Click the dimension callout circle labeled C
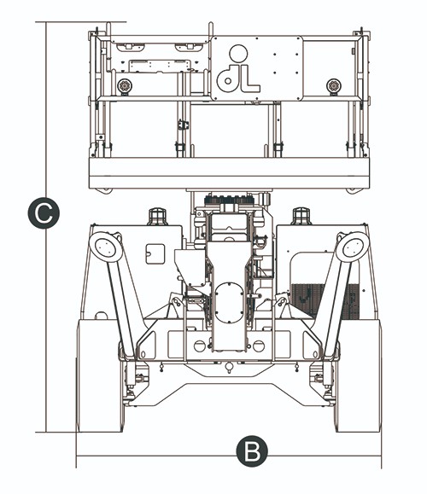coord(44,213)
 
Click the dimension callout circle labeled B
coord(252,450)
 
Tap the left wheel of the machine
coord(100,375)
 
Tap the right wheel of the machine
coord(358,375)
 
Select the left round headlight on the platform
coord(125,85)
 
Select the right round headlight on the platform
coord(334,85)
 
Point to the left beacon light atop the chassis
coord(157,216)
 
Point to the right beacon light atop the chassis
coord(301,216)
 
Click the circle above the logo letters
coord(238,53)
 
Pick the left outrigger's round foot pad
coord(106,247)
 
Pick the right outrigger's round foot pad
coord(353,247)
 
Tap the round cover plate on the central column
coord(229,303)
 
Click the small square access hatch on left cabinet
coord(155,254)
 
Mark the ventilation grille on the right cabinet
coord(325,301)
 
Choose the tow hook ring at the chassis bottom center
coord(229,367)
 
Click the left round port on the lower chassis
coord(200,346)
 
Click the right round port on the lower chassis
coord(259,346)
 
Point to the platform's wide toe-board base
coord(229,173)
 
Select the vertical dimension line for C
coord(46,227)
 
